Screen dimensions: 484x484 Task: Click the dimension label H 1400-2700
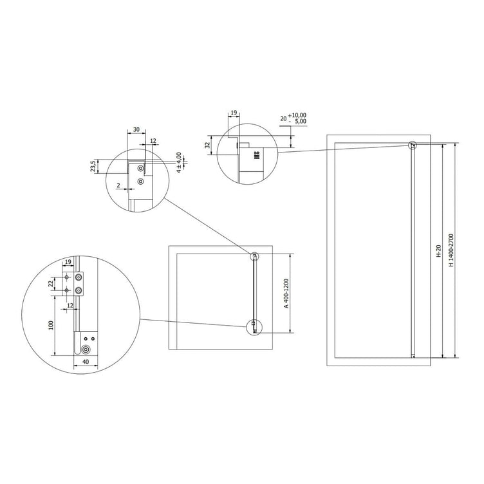click(x=451, y=250)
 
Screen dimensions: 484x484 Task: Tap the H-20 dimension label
click(x=439, y=251)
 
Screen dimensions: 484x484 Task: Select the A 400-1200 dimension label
click(x=286, y=293)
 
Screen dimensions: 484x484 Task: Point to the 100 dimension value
click(x=51, y=325)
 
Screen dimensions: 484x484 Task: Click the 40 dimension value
click(x=86, y=362)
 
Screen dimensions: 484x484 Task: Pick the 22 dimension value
click(x=51, y=283)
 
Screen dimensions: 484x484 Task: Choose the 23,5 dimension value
click(x=93, y=167)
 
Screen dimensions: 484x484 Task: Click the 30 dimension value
click(x=136, y=129)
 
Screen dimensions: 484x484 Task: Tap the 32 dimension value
click(x=208, y=144)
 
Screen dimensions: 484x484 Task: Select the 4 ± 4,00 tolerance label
click(x=180, y=162)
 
